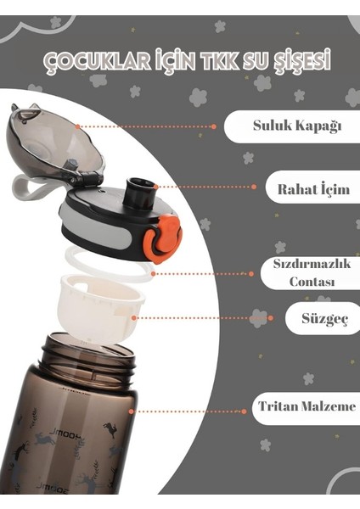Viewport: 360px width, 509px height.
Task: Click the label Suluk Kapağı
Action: (297, 126)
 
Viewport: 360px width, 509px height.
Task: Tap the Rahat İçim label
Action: (313, 189)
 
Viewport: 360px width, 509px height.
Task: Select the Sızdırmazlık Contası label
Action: (312, 273)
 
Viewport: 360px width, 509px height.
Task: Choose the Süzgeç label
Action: (325, 318)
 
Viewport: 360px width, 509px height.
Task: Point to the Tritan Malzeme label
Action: (307, 406)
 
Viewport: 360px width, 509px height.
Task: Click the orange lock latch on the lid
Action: (161, 238)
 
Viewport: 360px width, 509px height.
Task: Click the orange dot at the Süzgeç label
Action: (271, 318)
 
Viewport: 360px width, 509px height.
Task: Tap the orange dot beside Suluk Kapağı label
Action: (213, 126)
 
